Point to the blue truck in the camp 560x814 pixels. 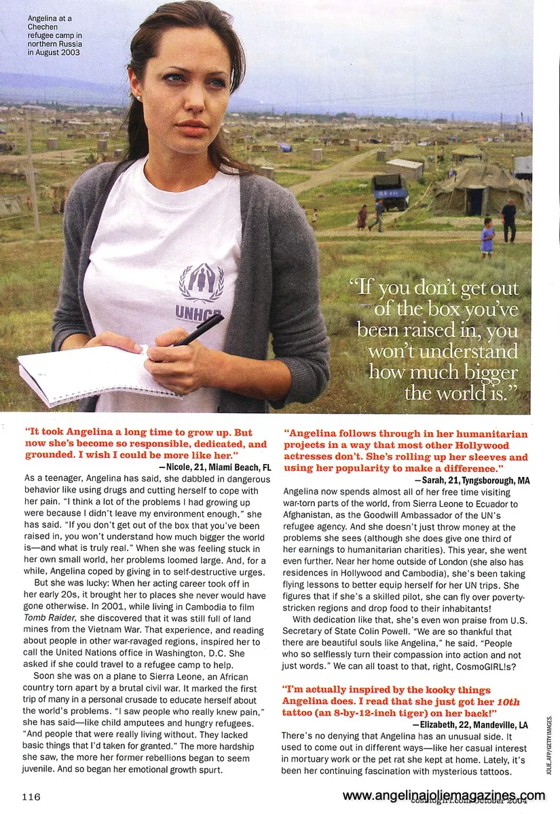pos(391,191)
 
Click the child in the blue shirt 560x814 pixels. pos(487,238)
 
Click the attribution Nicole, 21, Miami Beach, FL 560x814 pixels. pos(214,467)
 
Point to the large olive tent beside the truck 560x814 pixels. pos(479,190)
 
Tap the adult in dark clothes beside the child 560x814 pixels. pos(508,220)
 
